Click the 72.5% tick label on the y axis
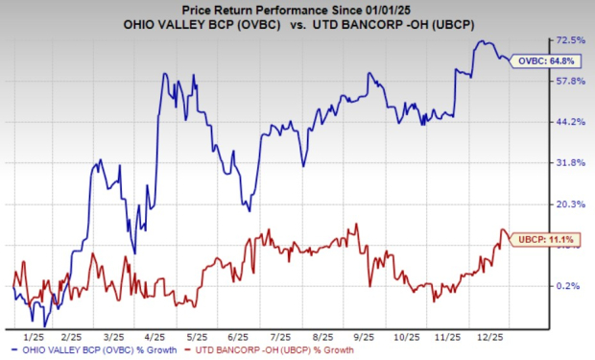[x=572, y=40]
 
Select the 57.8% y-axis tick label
[x=572, y=81]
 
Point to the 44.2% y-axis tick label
[x=572, y=122]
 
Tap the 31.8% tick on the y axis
[x=572, y=163]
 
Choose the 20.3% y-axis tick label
[x=572, y=204]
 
